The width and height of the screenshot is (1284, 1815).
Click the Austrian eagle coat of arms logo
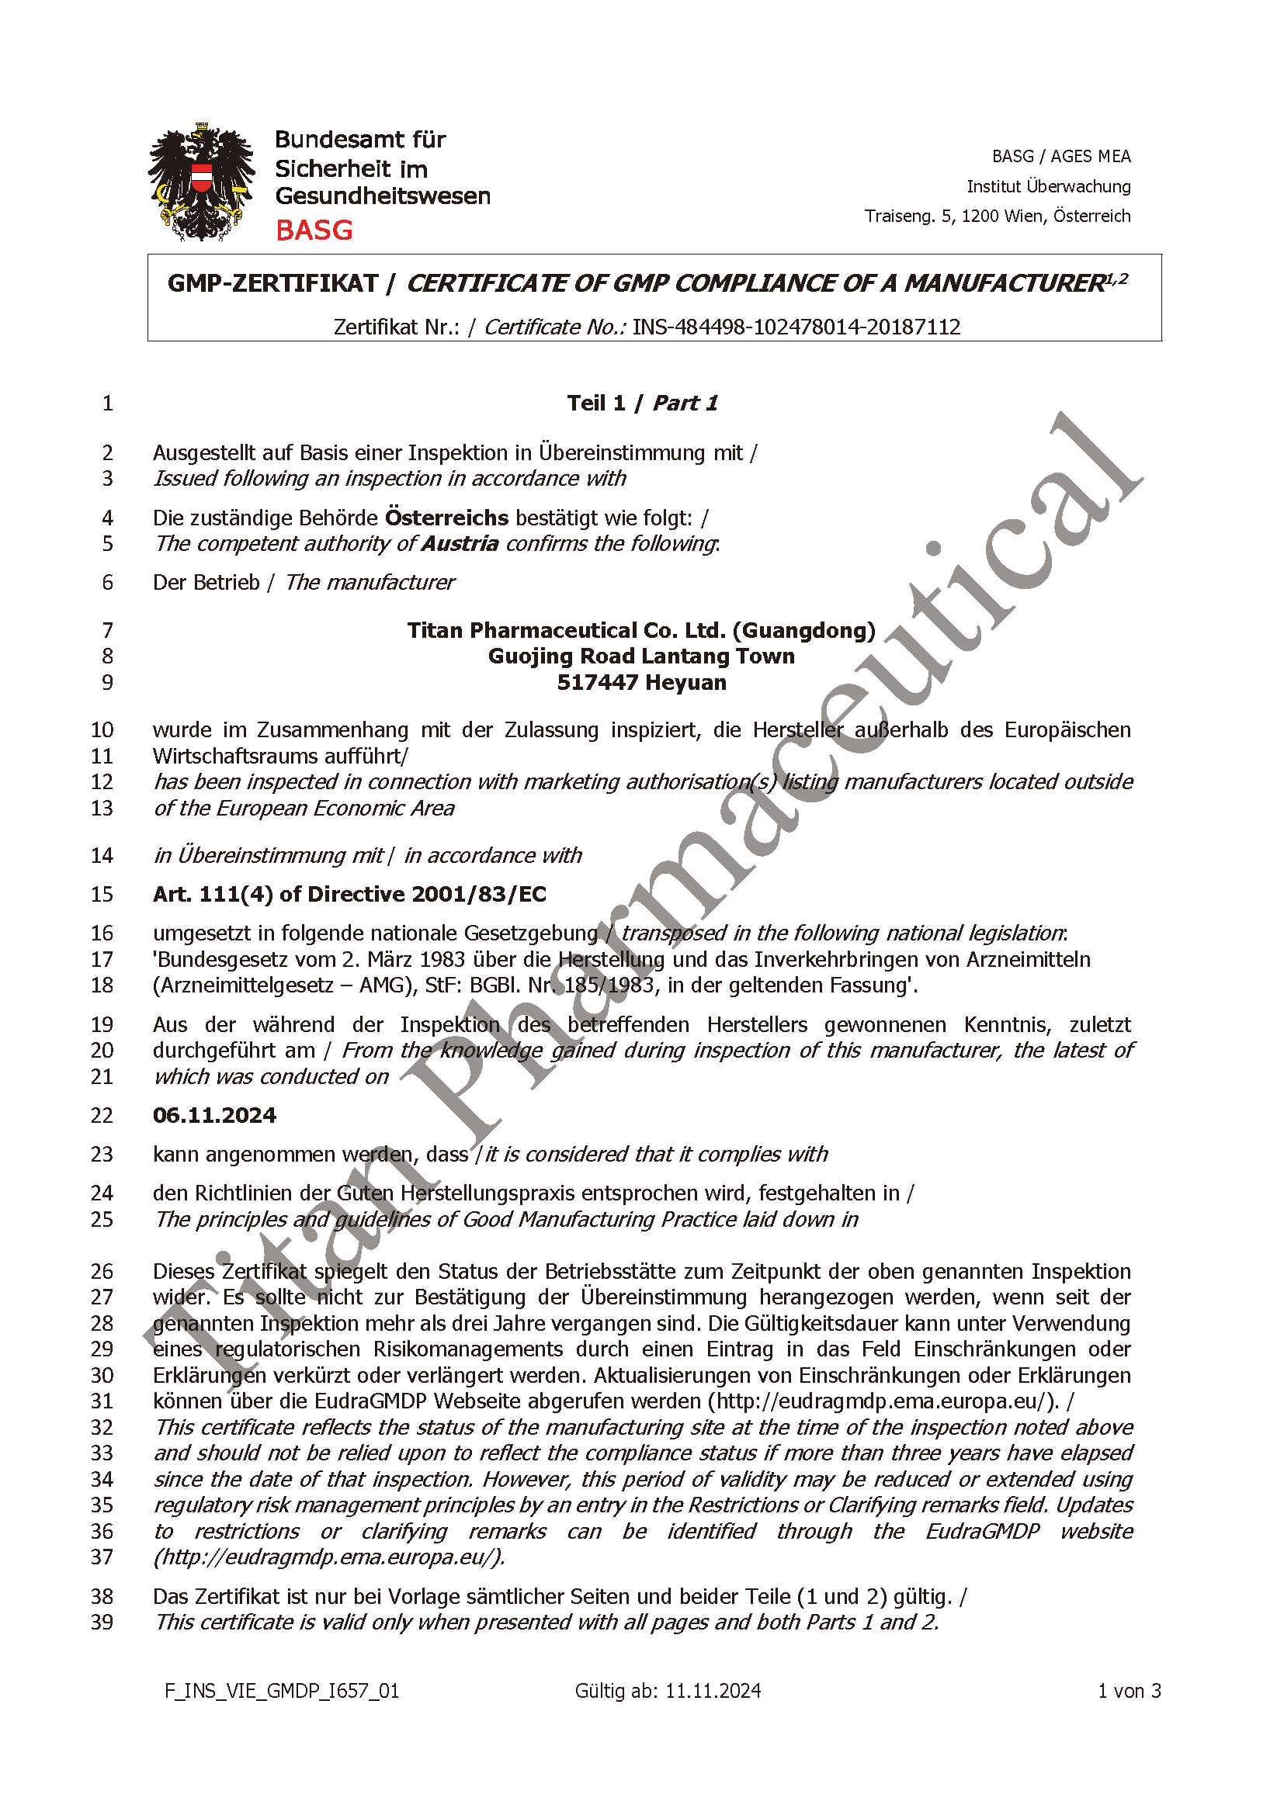(x=202, y=182)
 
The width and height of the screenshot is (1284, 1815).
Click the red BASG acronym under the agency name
(x=314, y=230)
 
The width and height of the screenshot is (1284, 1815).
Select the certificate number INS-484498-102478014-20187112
(x=796, y=327)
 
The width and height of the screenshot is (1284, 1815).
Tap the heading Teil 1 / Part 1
(x=642, y=404)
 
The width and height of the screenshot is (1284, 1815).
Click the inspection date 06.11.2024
(x=214, y=1115)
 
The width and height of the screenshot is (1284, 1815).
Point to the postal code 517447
(x=594, y=682)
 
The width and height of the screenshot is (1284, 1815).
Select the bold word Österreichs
(x=446, y=518)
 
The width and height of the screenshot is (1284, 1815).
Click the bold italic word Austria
(x=460, y=544)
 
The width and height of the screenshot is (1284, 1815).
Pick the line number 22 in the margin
(x=102, y=1115)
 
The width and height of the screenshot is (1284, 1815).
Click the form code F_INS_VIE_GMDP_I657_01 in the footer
(x=282, y=1691)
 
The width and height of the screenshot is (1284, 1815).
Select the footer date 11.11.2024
(x=713, y=1691)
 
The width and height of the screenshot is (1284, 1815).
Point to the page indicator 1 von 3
(x=1129, y=1691)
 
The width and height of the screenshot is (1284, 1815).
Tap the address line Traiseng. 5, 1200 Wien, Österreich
(x=997, y=216)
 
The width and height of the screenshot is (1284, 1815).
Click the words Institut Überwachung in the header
(x=1048, y=186)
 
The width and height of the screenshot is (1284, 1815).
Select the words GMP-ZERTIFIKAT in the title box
(x=272, y=284)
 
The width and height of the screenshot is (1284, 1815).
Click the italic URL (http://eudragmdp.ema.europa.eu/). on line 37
(x=329, y=1557)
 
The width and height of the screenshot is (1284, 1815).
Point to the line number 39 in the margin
(x=102, y=1622)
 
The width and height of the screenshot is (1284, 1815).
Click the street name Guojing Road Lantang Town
(x=641, y=656)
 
